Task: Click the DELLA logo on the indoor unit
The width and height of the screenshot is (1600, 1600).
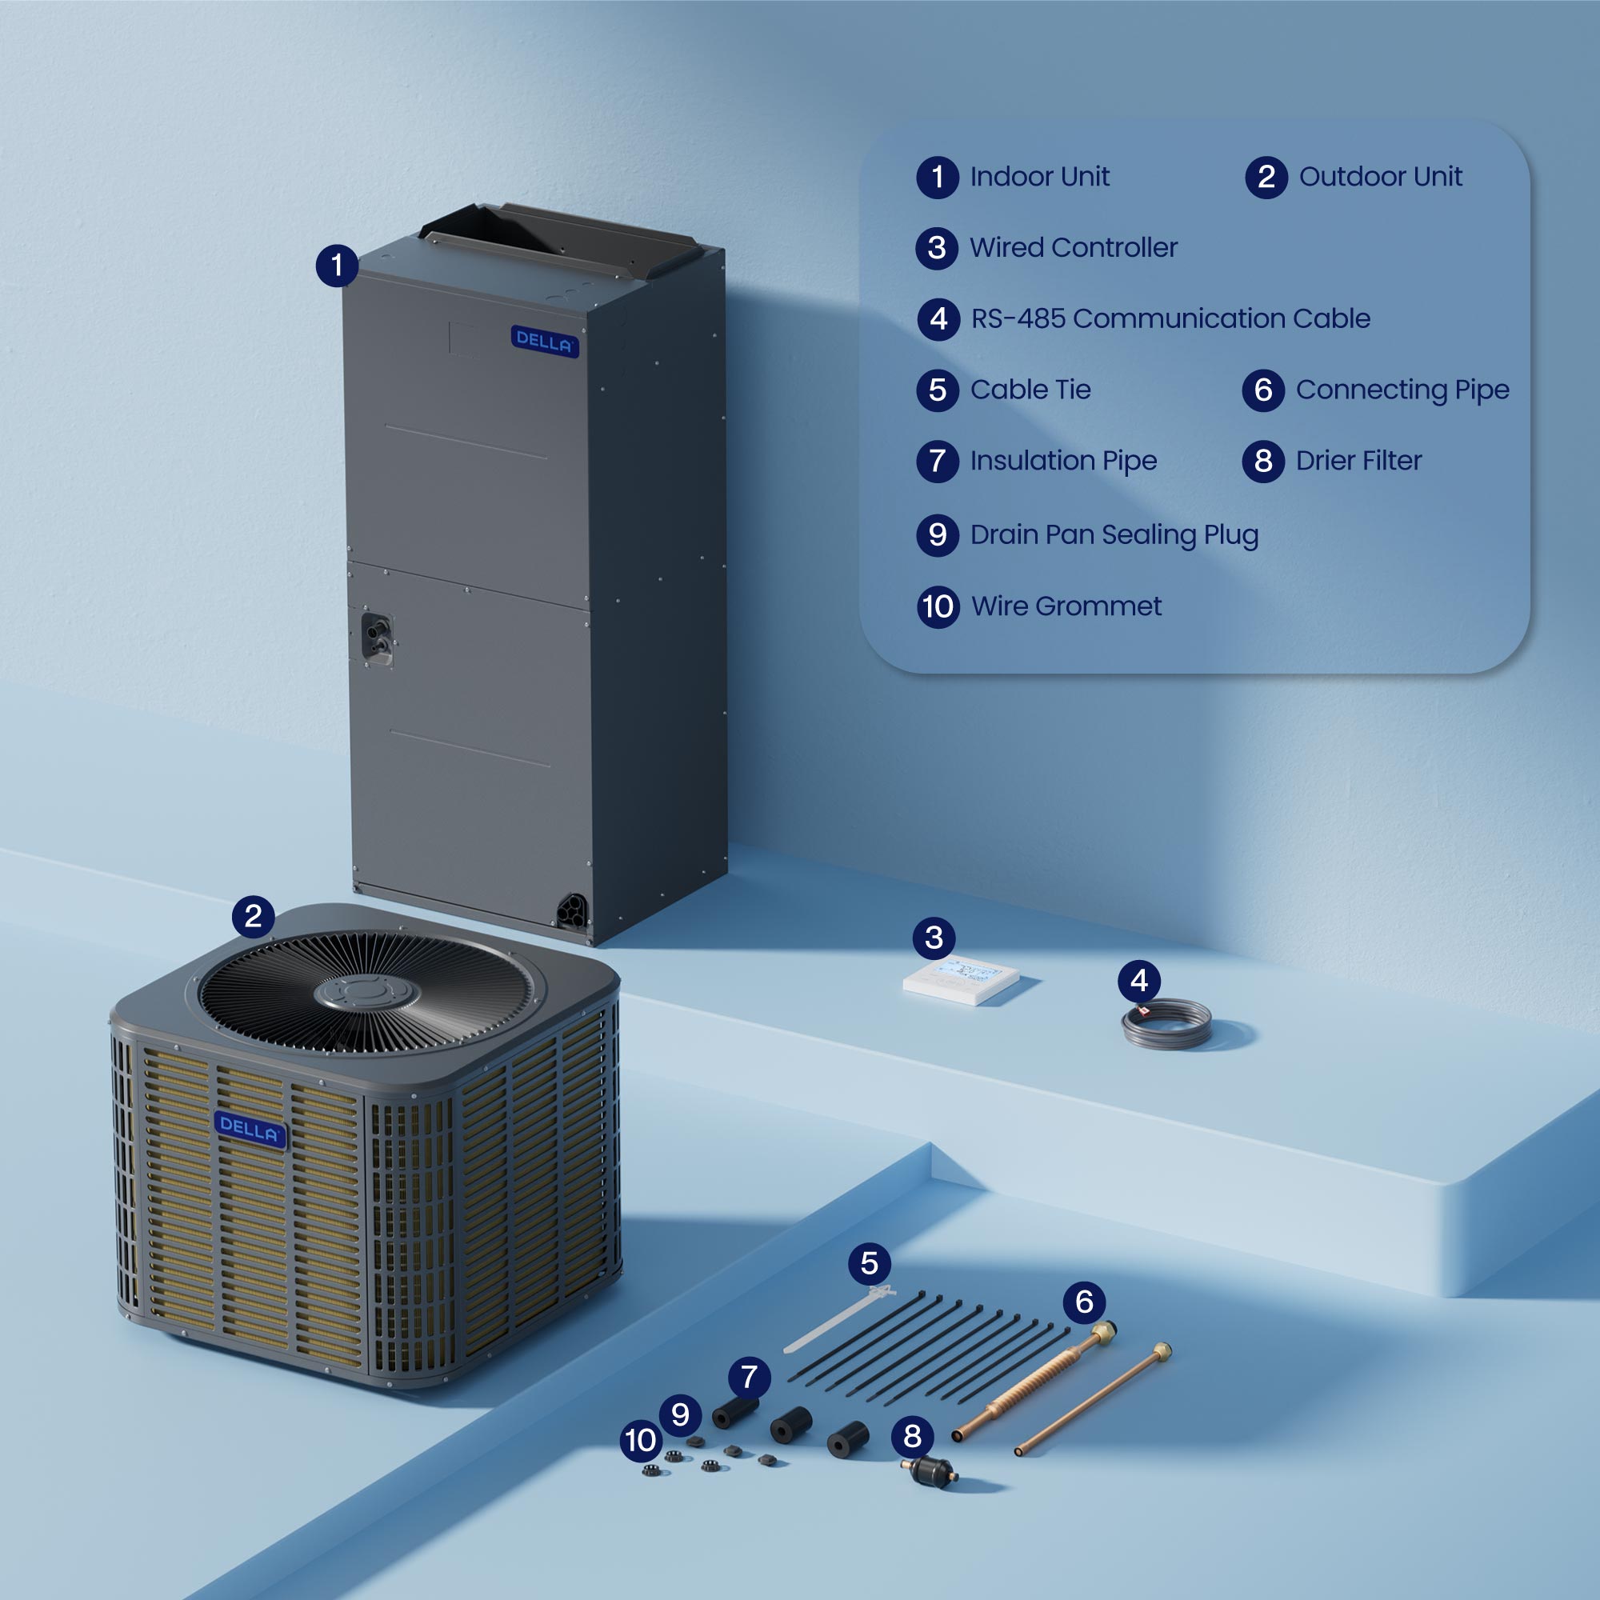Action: [x=544, y=342]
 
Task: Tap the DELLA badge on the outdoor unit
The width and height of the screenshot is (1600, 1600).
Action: [x=250, y=1130]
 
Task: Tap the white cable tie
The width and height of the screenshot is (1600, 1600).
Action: [x=837, y=1317]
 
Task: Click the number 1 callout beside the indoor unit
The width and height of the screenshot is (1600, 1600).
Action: [x=337, y=266]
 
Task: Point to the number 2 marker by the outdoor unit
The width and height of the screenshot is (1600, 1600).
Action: [x=254, y=916]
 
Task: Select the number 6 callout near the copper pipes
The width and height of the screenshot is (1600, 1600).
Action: [x=1084, y=1302]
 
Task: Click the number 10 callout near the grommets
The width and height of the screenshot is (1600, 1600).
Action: [x=641, y=1440]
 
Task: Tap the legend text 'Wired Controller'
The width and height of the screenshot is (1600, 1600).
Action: [x=1074, y=248]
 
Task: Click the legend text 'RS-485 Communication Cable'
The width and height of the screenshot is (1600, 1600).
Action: [x=1170, y=319]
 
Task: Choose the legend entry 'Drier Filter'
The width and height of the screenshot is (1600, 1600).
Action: [x=1358, y=461]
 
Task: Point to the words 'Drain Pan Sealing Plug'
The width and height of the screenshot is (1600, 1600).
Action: [x=1114, y=535]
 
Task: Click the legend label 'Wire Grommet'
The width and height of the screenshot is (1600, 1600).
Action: [x=1066, y=606]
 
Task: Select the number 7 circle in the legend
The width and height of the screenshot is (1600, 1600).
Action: [x=938, y=462]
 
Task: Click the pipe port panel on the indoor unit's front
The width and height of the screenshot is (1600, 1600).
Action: [x=378, y=638]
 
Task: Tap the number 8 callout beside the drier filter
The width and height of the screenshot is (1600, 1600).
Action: [x=912, y=1437]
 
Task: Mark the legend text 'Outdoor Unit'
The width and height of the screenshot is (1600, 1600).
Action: [x=1381, y=176]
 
